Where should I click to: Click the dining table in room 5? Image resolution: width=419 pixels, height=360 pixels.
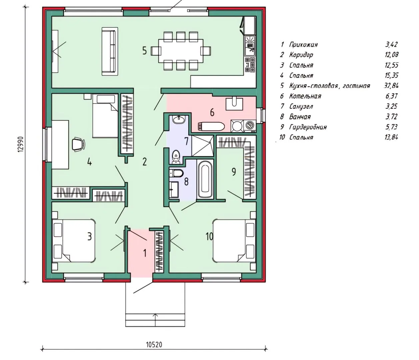[x=181, y=51]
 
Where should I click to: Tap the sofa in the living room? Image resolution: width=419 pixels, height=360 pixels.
[x=110, y=51]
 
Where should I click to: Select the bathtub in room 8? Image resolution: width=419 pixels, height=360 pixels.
[x=205, y=179]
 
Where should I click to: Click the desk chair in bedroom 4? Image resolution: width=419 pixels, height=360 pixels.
[x=79, y=144]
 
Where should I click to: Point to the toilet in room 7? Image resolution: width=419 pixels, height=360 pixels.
[x=176, y=157]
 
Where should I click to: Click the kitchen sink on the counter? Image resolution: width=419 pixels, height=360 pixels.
[x=250, y=46]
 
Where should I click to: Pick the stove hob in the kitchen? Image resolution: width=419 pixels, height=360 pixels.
[x=250, y=65]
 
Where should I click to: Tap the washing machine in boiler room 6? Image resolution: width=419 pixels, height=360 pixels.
[x=251, y=126]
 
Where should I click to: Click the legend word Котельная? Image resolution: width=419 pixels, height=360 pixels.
[x=305, y=96]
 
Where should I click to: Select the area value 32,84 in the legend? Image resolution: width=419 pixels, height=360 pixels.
[x=391, y=86]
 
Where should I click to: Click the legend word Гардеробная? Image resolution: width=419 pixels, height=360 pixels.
[x=308, y=127]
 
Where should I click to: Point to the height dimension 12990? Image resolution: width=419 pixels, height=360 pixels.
[x=21, y=144]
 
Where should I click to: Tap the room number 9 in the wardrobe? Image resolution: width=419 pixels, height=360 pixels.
[x=234, y=172]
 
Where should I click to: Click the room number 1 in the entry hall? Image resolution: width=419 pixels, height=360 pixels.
[x=145, y=253]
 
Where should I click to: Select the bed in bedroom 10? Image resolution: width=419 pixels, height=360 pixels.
[x=234, y=241]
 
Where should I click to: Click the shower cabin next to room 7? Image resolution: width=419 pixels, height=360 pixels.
[x=203, y=146]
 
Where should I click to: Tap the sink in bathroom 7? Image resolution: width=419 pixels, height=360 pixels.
[x=179, y=119]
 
